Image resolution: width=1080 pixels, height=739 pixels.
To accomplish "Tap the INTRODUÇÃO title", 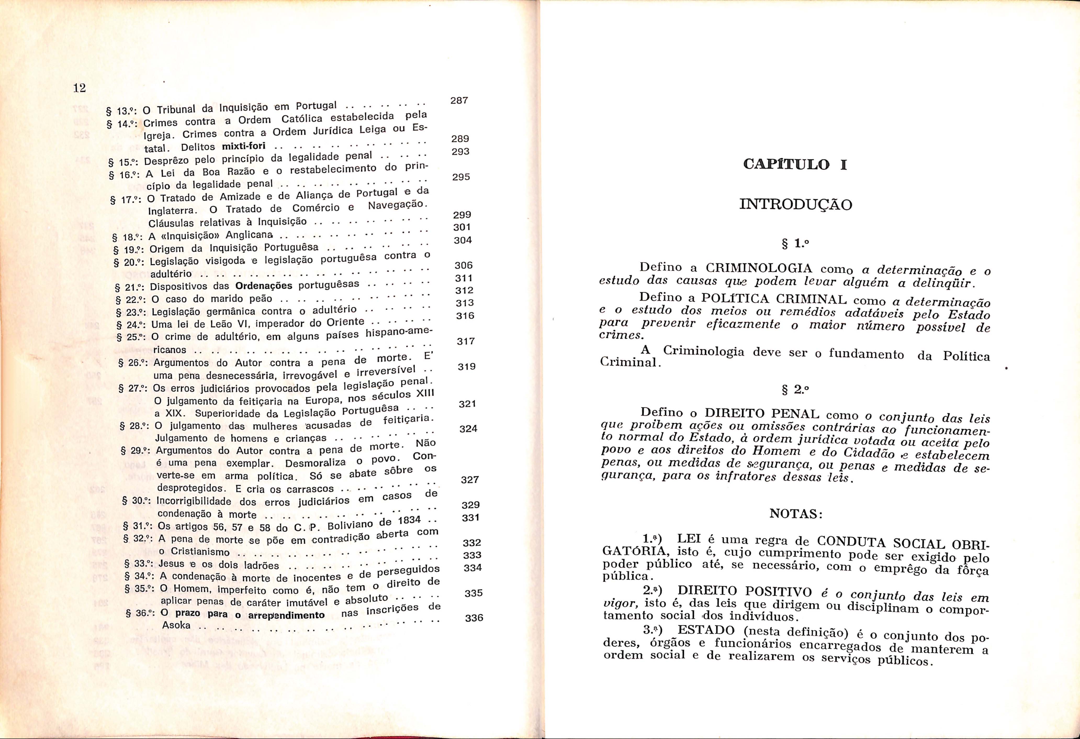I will tap(796, 205).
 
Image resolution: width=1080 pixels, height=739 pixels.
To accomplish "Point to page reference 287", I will tap(459, 101).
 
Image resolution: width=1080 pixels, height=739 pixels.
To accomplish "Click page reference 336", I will tap(474, 617).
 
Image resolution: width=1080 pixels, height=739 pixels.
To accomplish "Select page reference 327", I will tap(470, 479).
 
